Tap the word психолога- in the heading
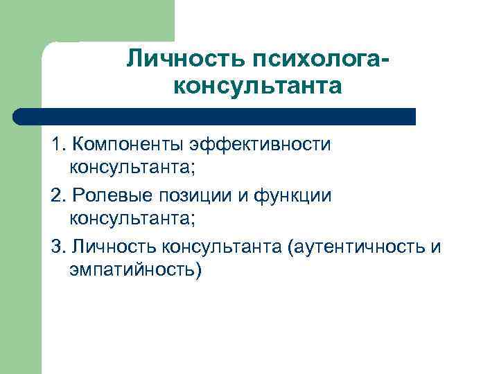[x=310, y=60]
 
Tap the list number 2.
[x=56, y=196]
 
